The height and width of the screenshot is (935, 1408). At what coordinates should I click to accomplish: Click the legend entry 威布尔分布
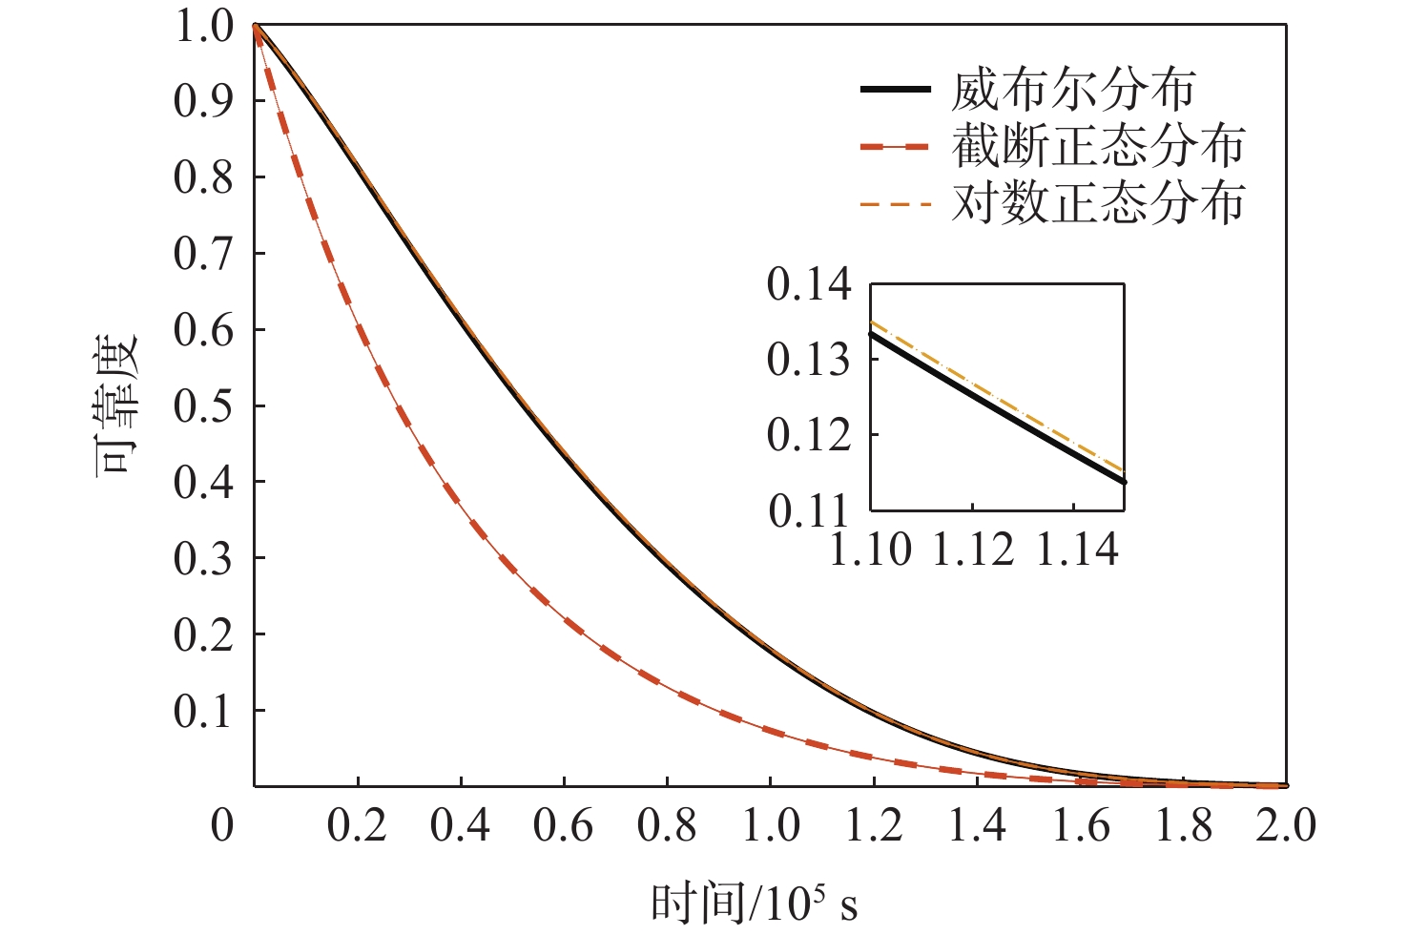[x=1072, y=91]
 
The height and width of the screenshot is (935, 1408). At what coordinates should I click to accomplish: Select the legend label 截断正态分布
[x=1098, y=147]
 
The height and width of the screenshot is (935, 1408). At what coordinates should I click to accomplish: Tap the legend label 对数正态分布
[x=1098, y=203]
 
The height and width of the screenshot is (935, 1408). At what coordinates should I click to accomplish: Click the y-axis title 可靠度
[x=116, y=405]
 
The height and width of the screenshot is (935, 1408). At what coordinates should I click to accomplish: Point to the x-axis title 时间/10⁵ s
[x=755, y=902]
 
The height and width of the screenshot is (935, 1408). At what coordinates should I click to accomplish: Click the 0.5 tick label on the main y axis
[x=202, y=405]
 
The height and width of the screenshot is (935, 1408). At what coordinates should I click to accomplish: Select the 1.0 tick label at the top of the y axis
[x=202, y=26]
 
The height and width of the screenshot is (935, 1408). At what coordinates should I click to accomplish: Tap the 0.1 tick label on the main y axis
[x=202, y=711]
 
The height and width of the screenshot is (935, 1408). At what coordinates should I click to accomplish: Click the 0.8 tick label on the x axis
[x=666, y=825]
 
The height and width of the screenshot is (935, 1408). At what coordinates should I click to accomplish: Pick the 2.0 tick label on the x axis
[x=1285, y=825]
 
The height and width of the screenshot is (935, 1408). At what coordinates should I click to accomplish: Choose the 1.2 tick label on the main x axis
[x=873, y=825]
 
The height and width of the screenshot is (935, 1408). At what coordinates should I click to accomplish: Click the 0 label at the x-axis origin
[x=222, y=825]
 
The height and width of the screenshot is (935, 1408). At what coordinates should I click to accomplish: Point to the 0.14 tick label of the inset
[x=808, y=284]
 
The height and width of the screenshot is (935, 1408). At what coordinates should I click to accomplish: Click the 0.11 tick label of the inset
[x=808, y=511]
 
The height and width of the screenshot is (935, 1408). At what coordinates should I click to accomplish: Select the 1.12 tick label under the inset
[x=972, y=551]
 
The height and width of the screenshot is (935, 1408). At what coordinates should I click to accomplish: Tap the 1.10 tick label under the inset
[x=870, y=551]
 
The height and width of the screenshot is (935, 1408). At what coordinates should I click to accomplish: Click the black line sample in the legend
[x=895, y=90]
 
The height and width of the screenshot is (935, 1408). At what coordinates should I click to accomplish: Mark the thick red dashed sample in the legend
[x=895, y=147]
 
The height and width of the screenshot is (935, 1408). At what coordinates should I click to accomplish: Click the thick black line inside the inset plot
[x=997, y=408]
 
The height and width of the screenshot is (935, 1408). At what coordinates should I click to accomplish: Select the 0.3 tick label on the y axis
[x=202, y=558]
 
